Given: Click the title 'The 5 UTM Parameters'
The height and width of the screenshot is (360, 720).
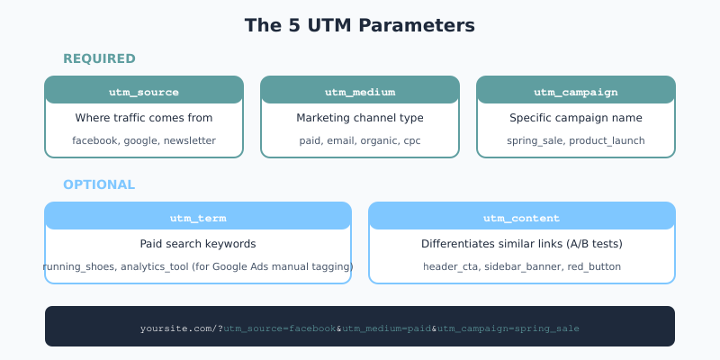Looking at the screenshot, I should tap(360, 25).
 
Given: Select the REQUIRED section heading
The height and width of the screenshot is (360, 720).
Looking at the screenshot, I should tap(99, 58).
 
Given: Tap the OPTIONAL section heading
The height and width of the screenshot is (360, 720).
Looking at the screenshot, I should tap(99, 184).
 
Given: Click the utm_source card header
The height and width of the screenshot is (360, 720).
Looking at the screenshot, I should tap(144, 92).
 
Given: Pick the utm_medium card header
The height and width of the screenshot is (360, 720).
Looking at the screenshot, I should tap(360, 92).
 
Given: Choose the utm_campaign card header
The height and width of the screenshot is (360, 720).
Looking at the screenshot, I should tap(576, 92).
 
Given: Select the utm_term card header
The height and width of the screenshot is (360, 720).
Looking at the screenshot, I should tap(198, 218).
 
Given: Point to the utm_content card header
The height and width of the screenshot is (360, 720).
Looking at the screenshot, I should tap(522, 218).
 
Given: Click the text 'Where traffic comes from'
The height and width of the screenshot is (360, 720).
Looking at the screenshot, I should tap(144, 118).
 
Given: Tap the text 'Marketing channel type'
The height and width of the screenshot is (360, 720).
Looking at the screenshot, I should tap(360, 118).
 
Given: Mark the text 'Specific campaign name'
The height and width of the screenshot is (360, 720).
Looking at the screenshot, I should tap(576, 118).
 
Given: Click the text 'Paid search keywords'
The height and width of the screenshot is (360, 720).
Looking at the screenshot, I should tap(198, 244).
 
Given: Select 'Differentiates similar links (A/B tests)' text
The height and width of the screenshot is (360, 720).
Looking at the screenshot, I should tap(522, 244).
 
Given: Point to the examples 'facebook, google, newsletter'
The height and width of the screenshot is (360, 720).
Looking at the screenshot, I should tap(144, 140).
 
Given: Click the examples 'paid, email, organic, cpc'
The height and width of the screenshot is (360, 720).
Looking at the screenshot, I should tap(360, 140).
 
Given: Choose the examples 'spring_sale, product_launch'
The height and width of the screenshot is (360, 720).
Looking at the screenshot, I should tap(576, 140).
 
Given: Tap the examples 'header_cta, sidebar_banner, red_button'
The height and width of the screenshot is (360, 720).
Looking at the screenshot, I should tap(522, 266).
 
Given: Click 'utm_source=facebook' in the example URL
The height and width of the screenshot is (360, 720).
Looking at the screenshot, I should tap(280, 328).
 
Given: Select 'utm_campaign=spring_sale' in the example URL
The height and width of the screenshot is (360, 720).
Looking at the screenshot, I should tap(508, 328).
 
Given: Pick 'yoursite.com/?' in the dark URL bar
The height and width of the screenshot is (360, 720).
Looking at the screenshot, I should tap(181, 328).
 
